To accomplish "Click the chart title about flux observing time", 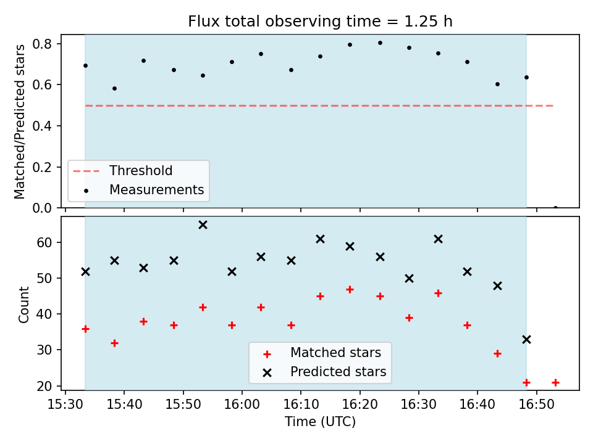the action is click(321, 21).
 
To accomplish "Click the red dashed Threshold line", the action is click(319, 105).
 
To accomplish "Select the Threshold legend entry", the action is click(122, 171).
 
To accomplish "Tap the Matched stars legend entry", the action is click(322, 353).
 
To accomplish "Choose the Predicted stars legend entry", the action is click(324, 372).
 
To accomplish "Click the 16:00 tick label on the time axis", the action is click(242, 405).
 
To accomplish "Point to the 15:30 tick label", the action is click(65, 405).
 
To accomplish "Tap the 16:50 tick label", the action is click(536, 405).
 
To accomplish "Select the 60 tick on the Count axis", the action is click(44, 242).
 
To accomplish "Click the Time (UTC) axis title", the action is click(321, 421).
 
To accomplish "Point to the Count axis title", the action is click(23, 304).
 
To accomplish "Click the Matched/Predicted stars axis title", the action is click(19, 121).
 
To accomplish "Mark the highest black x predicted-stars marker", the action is click(203, 225).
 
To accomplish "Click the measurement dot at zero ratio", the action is click(555, 207).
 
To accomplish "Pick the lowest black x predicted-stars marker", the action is click(526, 340).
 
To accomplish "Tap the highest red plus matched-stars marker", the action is click(350, 290).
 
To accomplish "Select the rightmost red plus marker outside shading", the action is click(555, 383).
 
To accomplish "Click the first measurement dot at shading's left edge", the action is click(85, 66).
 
